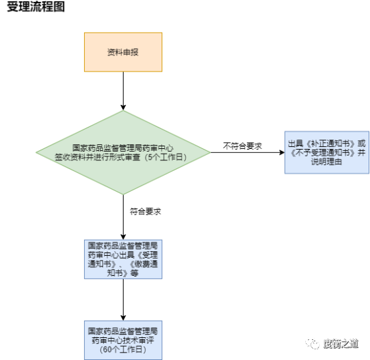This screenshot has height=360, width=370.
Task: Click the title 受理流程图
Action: (36, 7)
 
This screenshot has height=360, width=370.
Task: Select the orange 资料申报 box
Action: (123, 52)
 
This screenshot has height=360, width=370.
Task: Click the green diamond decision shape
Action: (123, 153)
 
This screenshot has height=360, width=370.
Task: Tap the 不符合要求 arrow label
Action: (242, 146)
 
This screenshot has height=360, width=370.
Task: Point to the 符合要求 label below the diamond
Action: (146, 211)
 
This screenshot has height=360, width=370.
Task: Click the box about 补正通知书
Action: (327, 152)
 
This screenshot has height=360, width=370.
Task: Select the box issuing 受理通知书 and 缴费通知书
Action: (123, 259)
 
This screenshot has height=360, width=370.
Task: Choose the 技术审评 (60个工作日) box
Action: (123, 340)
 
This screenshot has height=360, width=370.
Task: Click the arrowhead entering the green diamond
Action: (123, 108)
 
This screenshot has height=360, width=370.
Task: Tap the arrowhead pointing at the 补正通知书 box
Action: (282, 153)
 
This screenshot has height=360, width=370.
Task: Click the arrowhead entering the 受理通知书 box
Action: (123, 237)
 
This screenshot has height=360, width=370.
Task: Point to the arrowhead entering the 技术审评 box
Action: (123, 318)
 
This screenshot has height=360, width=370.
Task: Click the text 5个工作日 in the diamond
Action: (165, 157)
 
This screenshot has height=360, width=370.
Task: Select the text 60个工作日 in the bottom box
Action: (123, 349)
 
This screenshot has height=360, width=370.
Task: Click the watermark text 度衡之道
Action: (341, 344)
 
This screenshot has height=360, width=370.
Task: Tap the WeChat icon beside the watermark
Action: (313, 344)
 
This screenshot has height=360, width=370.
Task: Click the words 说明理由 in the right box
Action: (327, 162)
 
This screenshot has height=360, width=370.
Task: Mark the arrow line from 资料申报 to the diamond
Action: (123, 91)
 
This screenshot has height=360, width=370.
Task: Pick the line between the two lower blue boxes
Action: (123, 300)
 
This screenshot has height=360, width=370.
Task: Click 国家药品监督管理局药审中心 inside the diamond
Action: (123, 148)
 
